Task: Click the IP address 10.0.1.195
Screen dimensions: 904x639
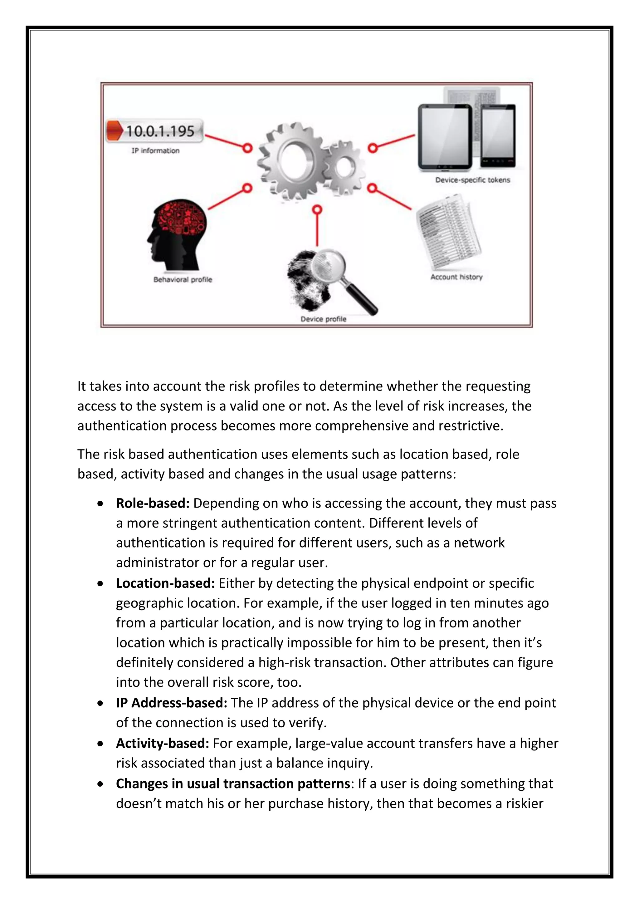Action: tap(160, 131)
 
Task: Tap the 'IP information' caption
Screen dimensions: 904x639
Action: tap(155, 150)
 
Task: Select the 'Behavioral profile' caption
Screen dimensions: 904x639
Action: tap(183, 280)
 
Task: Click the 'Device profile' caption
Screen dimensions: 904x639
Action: tap(323, 319)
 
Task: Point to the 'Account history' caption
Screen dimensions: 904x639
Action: tap(456, 277)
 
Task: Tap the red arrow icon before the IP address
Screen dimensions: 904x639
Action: tap(115, 131)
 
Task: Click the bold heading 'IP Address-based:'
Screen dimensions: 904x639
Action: tap(172, 702)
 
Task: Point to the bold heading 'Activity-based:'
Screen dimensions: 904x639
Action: tap(162, 743)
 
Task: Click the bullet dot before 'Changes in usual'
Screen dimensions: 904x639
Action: tap(101, 784)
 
